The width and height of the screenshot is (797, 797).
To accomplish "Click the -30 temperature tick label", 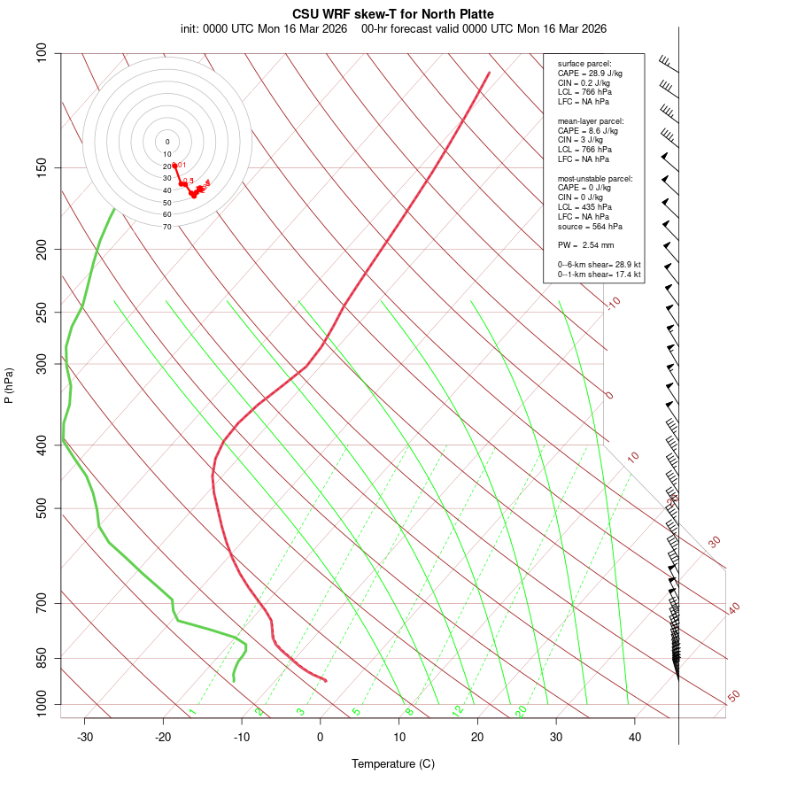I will click(85, 737).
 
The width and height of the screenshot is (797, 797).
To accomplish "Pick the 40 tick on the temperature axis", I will click(635, 737).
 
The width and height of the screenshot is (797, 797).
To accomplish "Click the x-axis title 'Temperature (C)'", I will click(393, 763).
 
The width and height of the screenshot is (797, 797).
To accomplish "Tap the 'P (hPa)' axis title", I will click(10, 385).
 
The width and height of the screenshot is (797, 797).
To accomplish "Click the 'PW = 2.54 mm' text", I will click(586, 245).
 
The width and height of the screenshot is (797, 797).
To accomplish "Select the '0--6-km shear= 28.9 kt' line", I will click(600, 265).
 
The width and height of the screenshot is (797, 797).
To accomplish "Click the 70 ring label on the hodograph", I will click(167, 227).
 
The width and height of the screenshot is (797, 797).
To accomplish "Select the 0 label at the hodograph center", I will click(167, 142).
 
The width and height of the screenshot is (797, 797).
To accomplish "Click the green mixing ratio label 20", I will click(522, 710).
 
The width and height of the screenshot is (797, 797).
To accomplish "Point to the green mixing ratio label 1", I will click(192, 712).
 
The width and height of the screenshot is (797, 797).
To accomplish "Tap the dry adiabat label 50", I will click(733, 697).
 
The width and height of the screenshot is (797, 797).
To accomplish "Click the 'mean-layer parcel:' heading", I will click(591, 120).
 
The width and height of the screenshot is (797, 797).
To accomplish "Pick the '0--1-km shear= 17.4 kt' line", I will click(600, 275).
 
